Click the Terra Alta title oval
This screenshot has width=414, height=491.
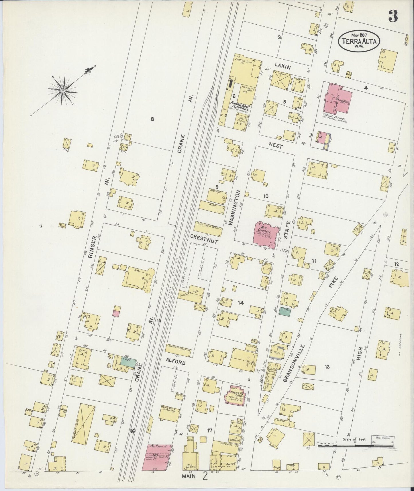tap(360, 41)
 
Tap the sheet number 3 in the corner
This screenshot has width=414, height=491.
tap(393, 17)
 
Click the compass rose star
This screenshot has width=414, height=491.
tap(62, 91)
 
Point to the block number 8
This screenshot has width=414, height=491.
tap(152, 119)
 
